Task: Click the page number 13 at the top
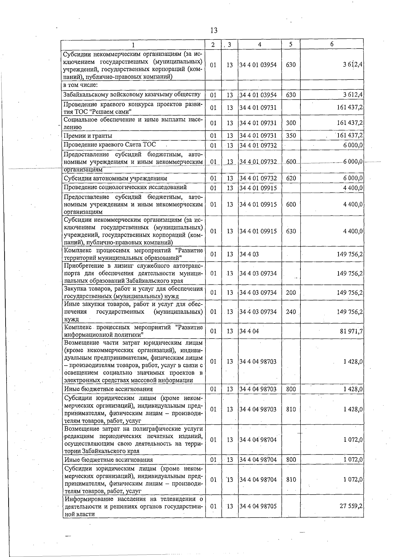point(213,31)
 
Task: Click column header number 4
point(259,45)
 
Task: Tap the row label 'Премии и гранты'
point(88,136)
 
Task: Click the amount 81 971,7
point(351,331)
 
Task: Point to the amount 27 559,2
point(351,506)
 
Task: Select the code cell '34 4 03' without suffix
point(249,254)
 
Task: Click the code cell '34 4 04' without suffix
point(249,331)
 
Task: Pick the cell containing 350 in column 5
point(291,136)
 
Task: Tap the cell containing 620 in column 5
point(291,178)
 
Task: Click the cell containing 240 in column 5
point(291,312)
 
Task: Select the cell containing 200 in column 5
point(291,293)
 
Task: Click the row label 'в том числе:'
point(80,85)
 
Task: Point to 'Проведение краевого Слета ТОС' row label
point(110,145)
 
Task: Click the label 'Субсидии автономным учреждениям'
point(116,178)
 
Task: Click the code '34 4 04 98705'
point(258,506)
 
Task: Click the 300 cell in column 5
point(291,123)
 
